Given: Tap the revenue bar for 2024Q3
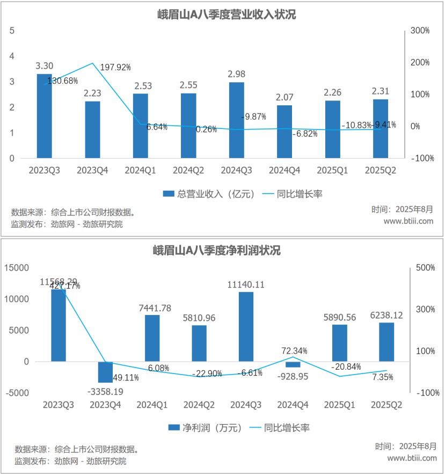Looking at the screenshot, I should (x=236, y=120).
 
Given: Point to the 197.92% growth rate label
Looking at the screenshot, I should (x=116, y=67).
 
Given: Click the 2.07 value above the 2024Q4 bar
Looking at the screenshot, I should (x=284, y=98).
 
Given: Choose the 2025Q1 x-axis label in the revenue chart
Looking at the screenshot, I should (x=332, y=170).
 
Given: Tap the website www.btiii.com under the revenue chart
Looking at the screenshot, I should (x=408, y=221).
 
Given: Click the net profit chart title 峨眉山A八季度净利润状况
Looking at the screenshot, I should (x=223, y=250).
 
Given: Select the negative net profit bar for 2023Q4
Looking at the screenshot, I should (x=105, y=372).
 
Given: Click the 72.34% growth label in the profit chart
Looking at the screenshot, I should (x=294, y=351).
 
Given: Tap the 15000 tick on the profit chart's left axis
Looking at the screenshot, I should (x=18, y=267).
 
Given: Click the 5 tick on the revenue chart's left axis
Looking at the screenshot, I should (x=12, y=31).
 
